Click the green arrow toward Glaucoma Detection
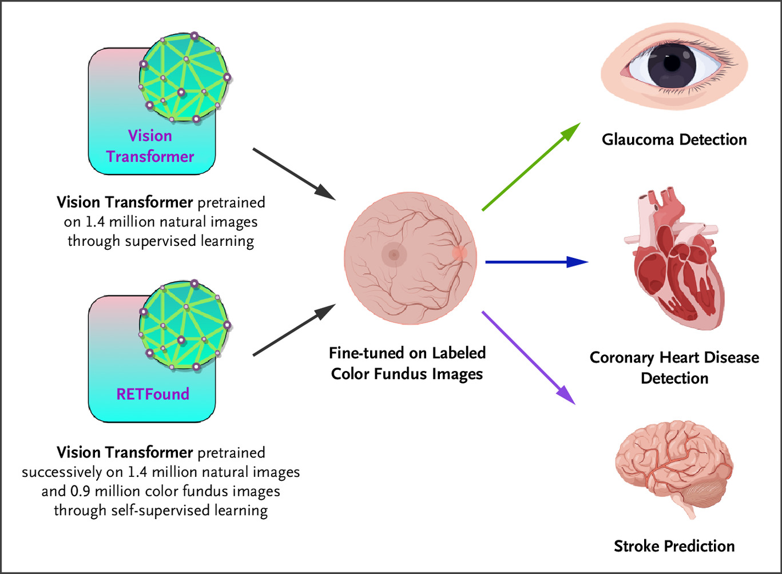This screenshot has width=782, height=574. (531, 166)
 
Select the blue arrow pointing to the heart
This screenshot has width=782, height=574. (536, 262)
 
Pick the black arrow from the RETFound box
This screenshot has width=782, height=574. (293, 330)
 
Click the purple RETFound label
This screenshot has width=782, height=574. (153, 394)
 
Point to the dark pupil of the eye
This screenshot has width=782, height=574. (672, 63)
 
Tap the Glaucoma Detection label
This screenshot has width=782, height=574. (674, 139)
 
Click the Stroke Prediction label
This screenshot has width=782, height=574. (674, 546)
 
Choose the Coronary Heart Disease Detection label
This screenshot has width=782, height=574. (674, 368)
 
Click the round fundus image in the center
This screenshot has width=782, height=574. (410, 258)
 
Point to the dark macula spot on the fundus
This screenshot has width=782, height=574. (394, 255)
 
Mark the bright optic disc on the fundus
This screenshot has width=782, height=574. (459, 253)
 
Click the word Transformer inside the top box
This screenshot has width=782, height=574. (150, 157)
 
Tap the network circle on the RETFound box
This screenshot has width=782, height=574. (184, 325)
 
